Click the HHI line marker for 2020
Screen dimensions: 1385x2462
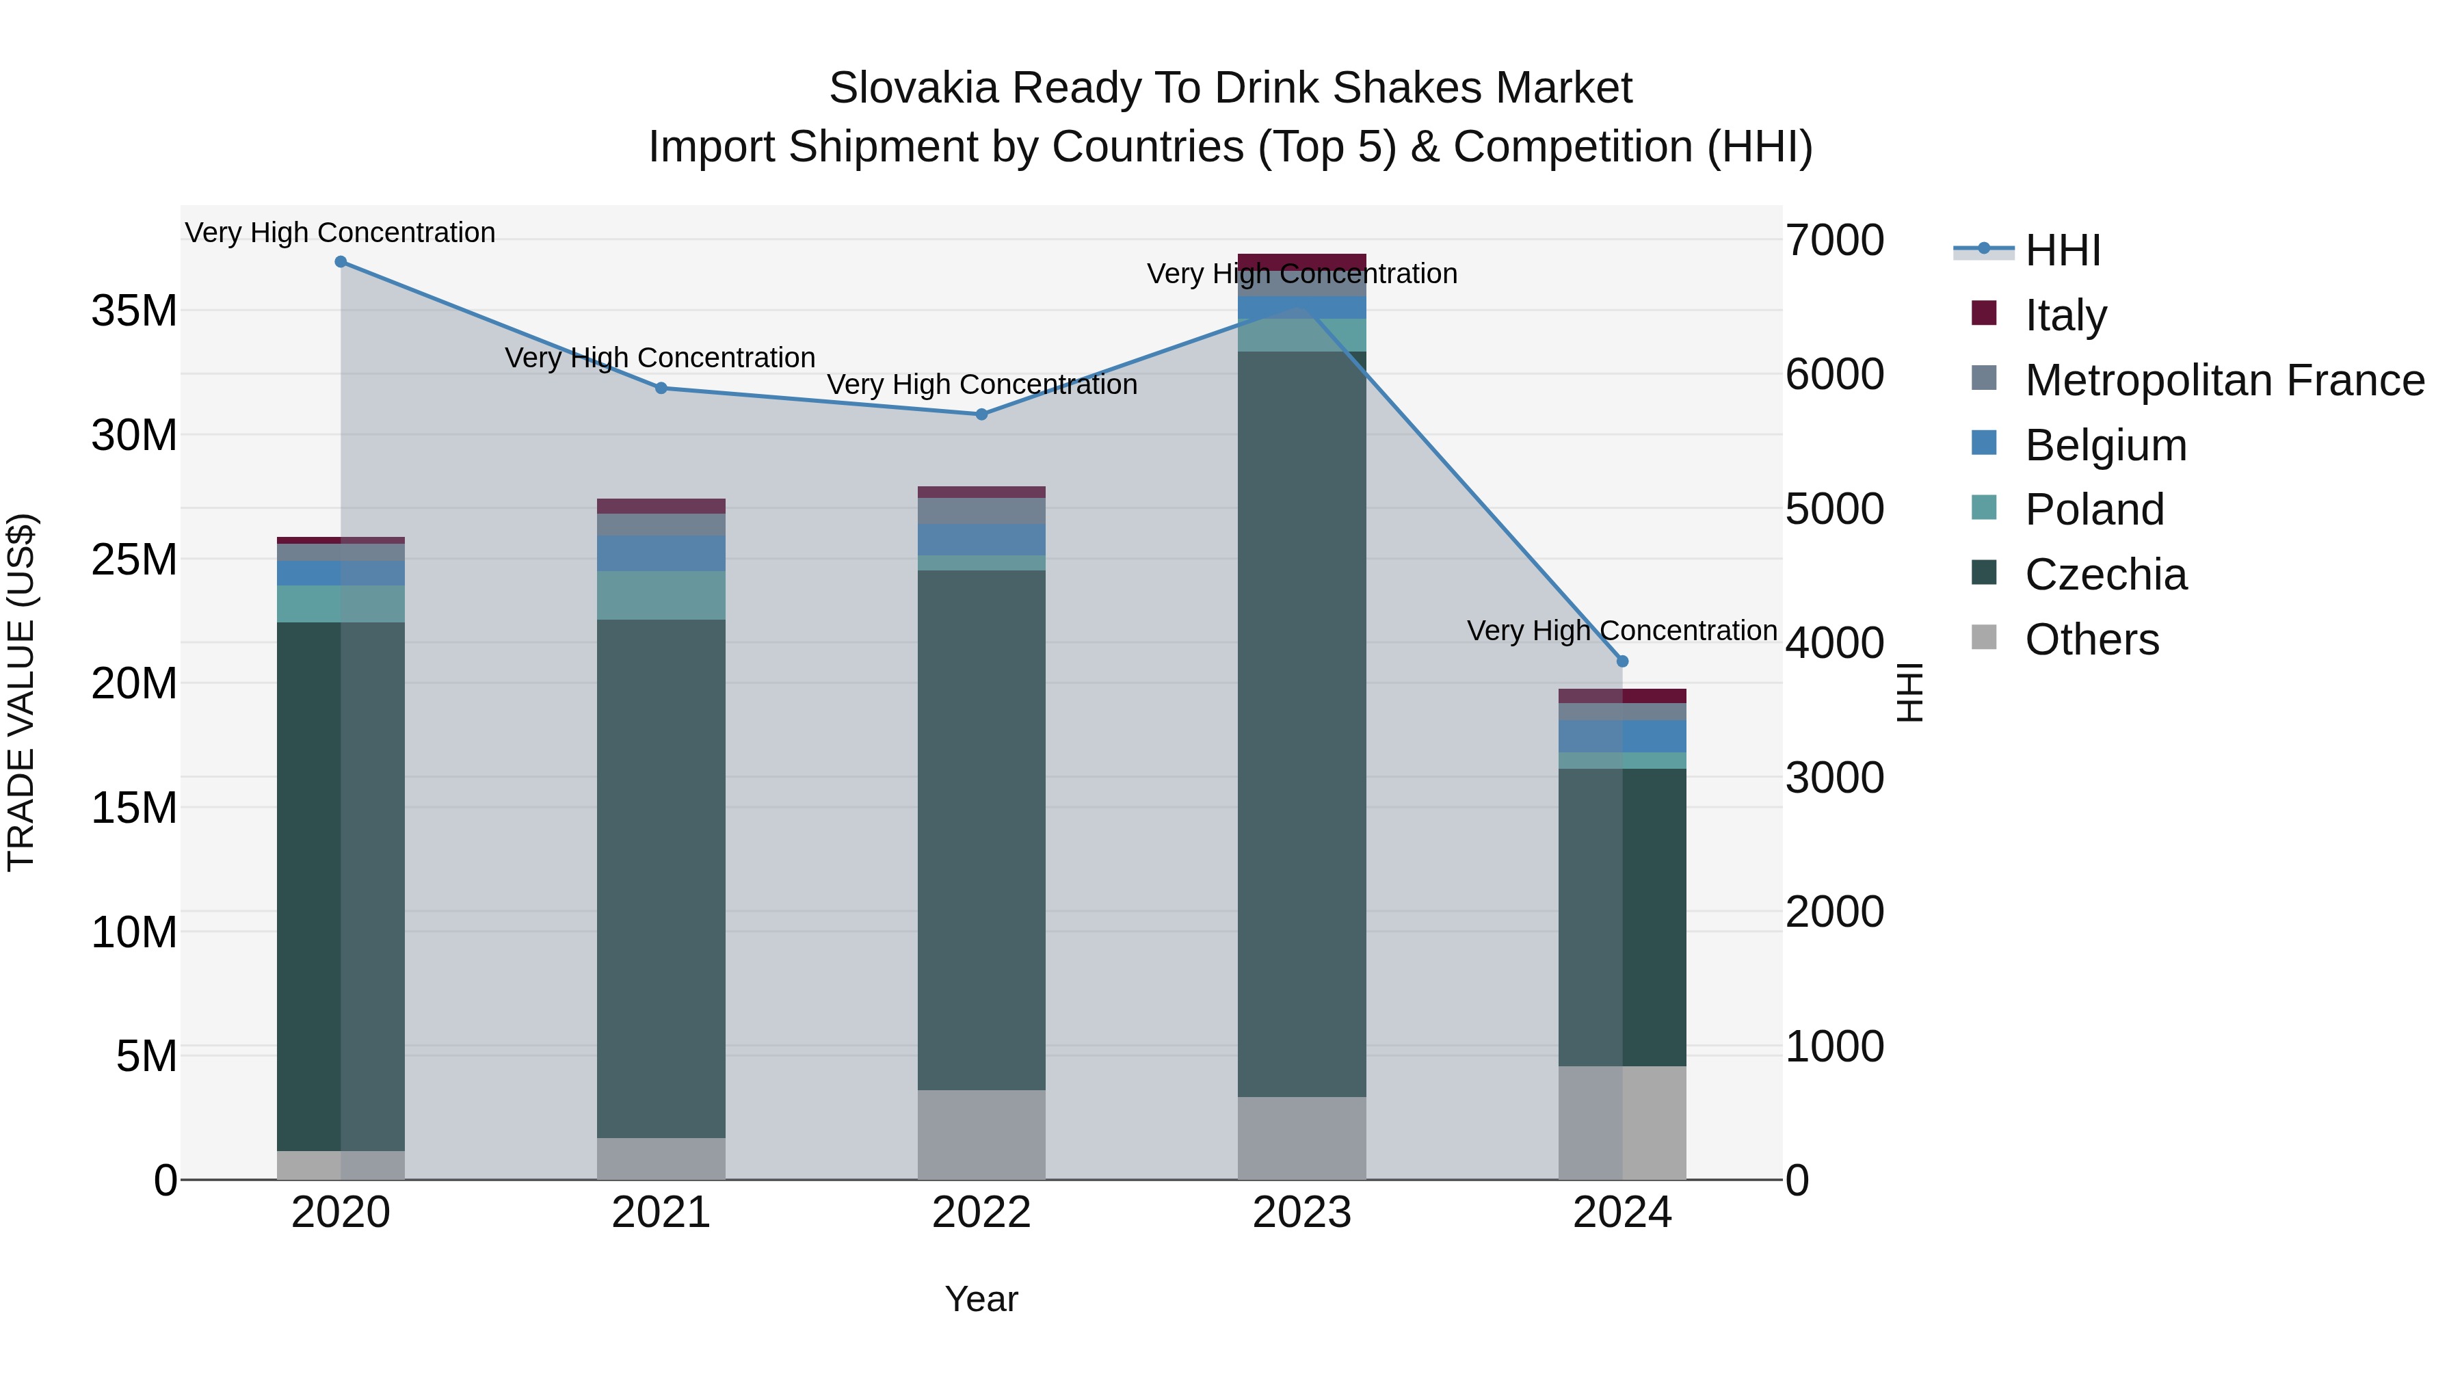point(341,262)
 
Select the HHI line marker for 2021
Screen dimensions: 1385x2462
point(661,388)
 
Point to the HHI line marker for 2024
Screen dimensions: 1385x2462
point(1622,661)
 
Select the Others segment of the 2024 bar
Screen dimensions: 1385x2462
point(1622,1122)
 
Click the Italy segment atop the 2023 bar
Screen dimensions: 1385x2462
point(1301,261)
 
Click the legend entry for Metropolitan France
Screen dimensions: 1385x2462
point(2224,380)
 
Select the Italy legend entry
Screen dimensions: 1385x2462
point(2065,315)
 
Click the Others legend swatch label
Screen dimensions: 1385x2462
point(2091,639)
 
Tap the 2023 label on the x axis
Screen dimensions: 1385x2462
point(1301,1213)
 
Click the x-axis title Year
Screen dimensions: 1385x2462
point(981,1299)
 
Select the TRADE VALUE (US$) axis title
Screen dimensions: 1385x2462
point(21,692)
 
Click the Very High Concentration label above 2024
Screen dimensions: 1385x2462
point(1622,631)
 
